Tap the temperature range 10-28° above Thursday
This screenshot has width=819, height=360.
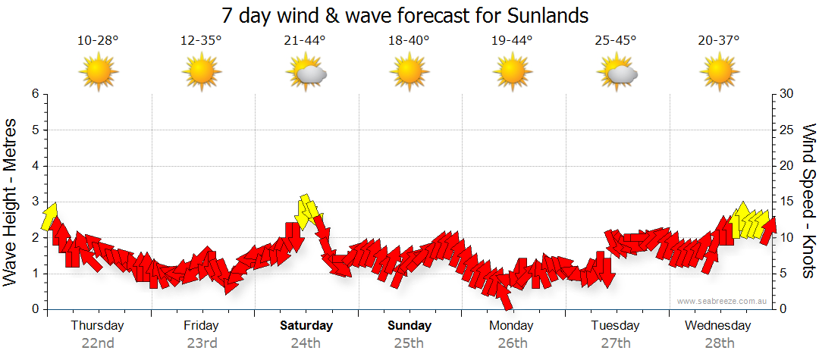[98, 40]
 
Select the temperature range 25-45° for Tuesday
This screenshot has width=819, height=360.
[616, 40]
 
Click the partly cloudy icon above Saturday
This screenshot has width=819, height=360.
[306, 73]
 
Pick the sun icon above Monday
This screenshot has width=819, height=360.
[513, 73]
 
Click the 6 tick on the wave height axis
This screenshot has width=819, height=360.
[34, 94]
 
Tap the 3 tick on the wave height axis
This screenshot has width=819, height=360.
[34, 202]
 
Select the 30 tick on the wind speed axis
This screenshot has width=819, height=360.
[787, 94]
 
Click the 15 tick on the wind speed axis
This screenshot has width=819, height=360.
[787, 202]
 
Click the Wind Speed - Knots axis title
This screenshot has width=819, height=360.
[808, 201]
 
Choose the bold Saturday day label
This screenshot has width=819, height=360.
[306, 326]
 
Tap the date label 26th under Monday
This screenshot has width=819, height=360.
[513, 343]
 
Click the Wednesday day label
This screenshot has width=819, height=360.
[717, 326]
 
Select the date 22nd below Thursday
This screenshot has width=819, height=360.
[98, 343]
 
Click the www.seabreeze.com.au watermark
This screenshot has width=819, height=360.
[723, 301]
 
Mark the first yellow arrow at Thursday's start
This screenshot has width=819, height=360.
[50, 217]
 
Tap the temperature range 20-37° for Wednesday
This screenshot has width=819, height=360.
[719, 40]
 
